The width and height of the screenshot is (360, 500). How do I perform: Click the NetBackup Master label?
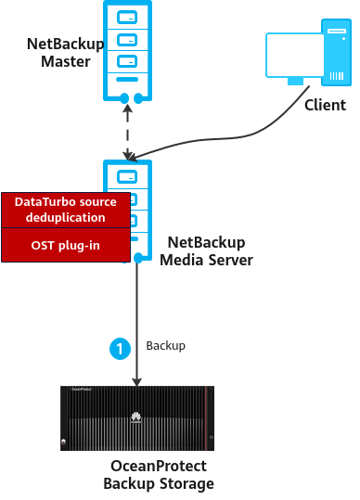(x=65, y=53)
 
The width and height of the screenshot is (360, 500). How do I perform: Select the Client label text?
(x=325, y=105)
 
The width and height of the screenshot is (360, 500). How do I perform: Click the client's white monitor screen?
(x=295, y=55)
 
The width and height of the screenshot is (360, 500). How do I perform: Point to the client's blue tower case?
(x=337, y=52)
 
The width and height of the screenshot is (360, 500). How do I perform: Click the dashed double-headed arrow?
(x=127, y=132)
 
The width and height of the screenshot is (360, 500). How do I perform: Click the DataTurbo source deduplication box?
(x=66, y=211)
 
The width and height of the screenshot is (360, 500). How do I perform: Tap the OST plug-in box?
(x=66, y=245)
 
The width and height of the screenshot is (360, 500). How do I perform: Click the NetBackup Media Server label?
(x=206, y=251)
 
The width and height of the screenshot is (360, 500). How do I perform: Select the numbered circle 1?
(x=120, y=349)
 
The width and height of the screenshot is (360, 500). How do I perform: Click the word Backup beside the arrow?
(x=165, y=346)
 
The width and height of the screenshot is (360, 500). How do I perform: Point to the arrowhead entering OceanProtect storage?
(x=137, y=381)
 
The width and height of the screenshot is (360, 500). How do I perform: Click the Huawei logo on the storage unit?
(x=135, y=417)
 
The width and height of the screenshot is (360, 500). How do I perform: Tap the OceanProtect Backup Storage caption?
(x=159, y=475)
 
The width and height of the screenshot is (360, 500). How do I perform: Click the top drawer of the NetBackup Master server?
(x=127, y=18)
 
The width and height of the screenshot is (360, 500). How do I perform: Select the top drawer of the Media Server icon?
(x=127, y=177)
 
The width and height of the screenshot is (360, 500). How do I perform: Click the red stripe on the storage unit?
(x=206, y=418)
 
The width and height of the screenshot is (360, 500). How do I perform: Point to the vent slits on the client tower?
(x=337, y=76)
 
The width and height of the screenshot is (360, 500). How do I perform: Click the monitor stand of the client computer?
(x=295, y=82)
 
